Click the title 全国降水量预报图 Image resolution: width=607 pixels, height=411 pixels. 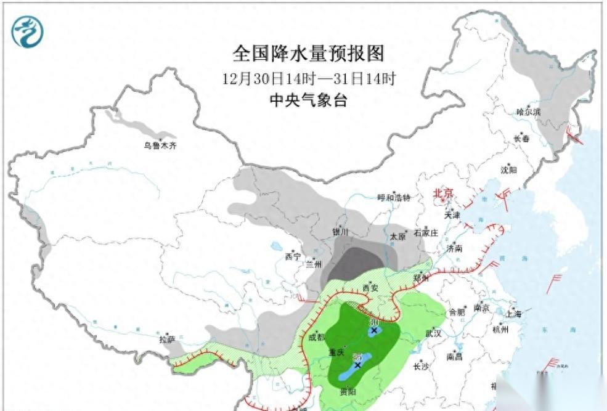(308, 54)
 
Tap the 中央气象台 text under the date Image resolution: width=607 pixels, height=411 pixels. (308, 100)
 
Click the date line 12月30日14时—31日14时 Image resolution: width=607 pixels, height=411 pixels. (308, 79)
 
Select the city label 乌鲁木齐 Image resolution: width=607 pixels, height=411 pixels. (160, 146)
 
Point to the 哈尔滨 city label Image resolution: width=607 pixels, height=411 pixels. (528, 112)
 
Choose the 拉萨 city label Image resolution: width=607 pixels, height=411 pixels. (167, 340)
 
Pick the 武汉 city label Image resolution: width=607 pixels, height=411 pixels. (433, 333)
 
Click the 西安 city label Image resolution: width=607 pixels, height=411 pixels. (370, 288)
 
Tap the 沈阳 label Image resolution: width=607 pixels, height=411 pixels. (508, 170)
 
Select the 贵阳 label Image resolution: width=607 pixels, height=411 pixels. (348, 391)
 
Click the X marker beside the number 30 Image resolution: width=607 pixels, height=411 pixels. (373, 331)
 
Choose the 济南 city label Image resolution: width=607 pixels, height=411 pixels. (454, 248)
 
